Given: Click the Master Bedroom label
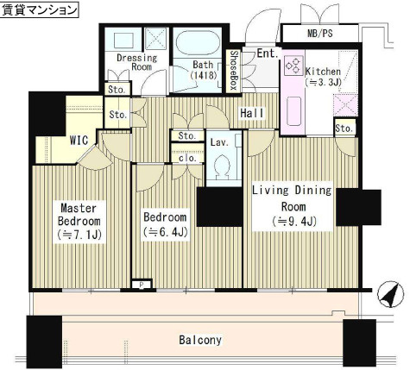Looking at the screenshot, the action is tap(79, 222).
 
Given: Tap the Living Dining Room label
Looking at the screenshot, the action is tap(292, 206).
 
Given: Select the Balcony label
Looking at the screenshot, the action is tap(200, 340).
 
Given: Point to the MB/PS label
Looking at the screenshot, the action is tap(320, 34).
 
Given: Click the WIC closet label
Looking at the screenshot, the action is tap(79, 141).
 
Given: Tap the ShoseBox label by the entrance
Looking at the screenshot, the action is tap(234, 71).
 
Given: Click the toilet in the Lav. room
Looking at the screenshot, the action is tap(223, 167).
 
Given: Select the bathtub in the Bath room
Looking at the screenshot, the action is tap(198, 45).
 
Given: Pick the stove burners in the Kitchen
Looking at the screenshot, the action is tap(293, 66).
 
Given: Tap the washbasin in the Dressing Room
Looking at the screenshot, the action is tap(123, 41).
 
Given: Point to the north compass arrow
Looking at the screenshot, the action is tap(391, 294).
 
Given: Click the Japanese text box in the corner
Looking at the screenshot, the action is tap(40, 9).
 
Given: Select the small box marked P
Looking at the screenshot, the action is tap(142, 285).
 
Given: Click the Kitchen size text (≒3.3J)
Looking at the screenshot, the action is tap(323, 83).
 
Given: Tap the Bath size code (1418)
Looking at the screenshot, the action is tap(204, 75).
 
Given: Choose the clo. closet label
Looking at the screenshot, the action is tap(187, 158).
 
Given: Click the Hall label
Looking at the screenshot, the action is tap(252, 113).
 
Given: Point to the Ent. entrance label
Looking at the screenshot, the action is tap(268, 53).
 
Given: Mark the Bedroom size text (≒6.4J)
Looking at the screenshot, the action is tap(165, 232).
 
